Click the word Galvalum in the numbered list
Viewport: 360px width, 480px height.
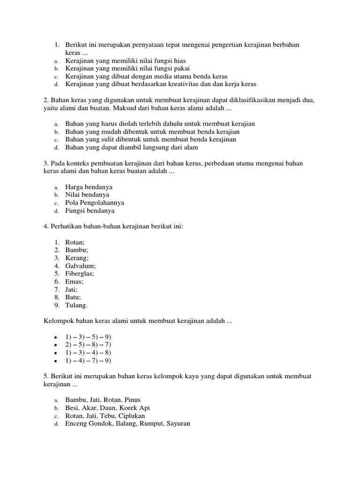tap(80, 265)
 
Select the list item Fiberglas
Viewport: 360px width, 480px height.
tap(80, 273)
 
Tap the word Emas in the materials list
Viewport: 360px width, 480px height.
tap(74, 281)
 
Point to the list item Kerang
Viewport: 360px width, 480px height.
tap(76, 257)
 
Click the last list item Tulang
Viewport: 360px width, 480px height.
tap(76, 305)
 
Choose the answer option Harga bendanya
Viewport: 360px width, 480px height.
tap(89, 187)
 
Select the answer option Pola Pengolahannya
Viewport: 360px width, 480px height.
tap(95, 203)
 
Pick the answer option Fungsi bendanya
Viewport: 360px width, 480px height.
tap(90, 211)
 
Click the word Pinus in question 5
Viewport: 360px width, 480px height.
tap(132, 400)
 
